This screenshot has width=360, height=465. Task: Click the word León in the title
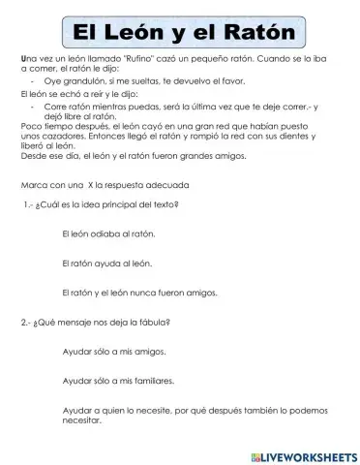point(153,32)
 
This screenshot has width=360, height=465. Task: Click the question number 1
point(28,204)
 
